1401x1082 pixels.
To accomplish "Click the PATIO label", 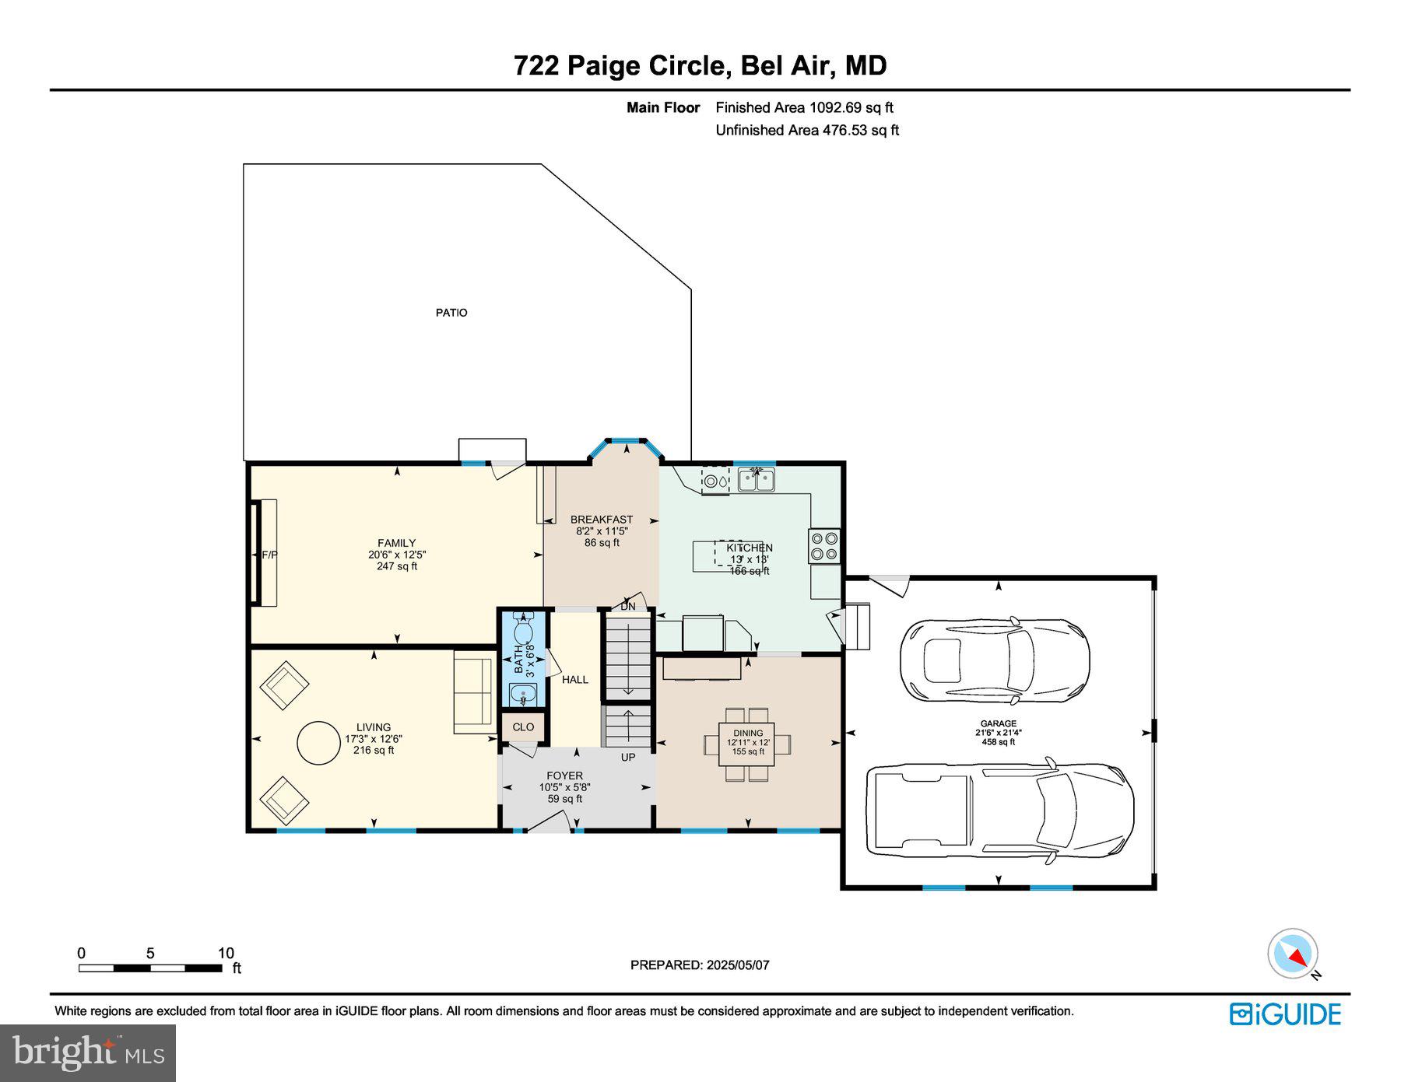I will (x=451, y=313).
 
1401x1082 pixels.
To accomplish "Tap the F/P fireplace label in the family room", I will (x=269, y=555).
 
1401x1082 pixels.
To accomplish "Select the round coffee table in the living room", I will (x=320, y=744).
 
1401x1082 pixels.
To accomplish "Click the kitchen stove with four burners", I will (x=824, y=545).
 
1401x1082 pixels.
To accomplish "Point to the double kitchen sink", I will (x=756, y=479).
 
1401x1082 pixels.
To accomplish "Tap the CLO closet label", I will (x=523, y=727).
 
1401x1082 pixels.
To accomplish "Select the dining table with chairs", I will (x=748, y=744).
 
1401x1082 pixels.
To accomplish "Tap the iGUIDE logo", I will (x=1285, y=1014).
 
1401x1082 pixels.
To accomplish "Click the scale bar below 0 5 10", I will (x=149, y=968).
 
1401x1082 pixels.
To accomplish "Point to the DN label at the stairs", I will (x=627, y=606).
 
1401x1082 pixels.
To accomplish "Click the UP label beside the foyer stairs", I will (x=627, y=757).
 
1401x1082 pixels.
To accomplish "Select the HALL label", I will (x=575, y=679).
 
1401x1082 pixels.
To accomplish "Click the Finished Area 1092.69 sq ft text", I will (x=804, y=107).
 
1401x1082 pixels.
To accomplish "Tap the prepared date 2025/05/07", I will (x=700, y=965).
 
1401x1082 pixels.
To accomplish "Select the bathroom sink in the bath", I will (x=523, y=692).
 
